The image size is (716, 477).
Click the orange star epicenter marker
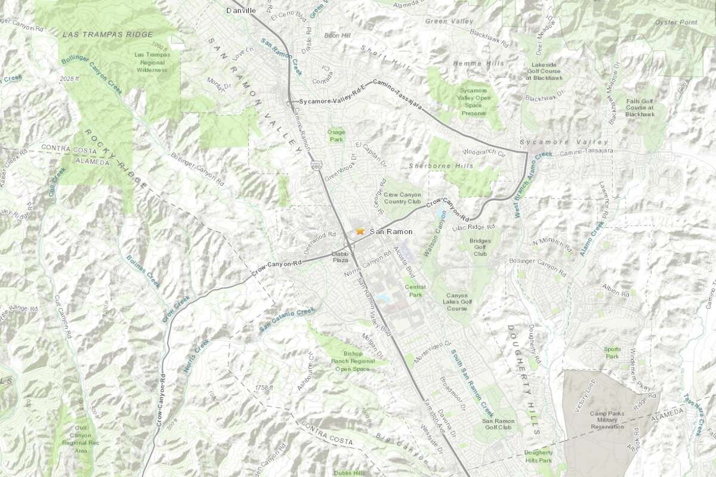(360, 231)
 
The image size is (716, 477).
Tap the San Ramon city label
(391, 231)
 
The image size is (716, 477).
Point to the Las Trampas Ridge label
(108, 34)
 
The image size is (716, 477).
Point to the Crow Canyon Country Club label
(402, 199)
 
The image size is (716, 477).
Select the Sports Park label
(612, 352)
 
